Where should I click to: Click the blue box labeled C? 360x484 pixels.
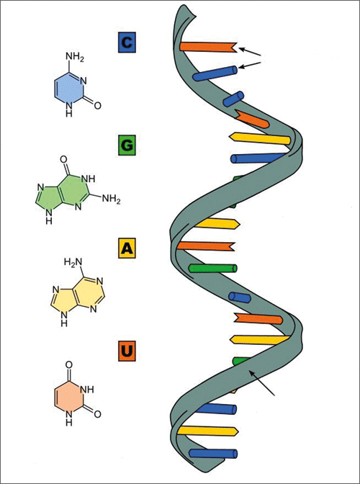click(x=127, y=43)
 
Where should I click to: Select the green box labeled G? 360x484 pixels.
click(x=127, y=145)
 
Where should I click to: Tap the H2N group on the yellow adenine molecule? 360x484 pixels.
click(x=73, y=264)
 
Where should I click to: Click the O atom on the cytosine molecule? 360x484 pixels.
click(x=97, y=106)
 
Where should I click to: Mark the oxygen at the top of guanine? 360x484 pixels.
click(x=63, y=160)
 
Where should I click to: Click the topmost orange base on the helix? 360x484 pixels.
click(x=208, y=48)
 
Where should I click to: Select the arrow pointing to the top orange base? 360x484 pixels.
click(x=251, y=52)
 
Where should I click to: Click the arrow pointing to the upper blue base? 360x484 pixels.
click(x=251, y=65)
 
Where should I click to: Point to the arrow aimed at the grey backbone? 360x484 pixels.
click(x=262, y=382)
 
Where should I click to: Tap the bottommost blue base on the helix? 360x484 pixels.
click(x=213, y=454)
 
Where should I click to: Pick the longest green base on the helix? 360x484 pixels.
click(x=213, y=269)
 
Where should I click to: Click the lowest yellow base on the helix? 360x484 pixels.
click(x=207, y=431)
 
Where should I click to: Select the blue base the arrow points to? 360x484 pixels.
click(x=215, y=73)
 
